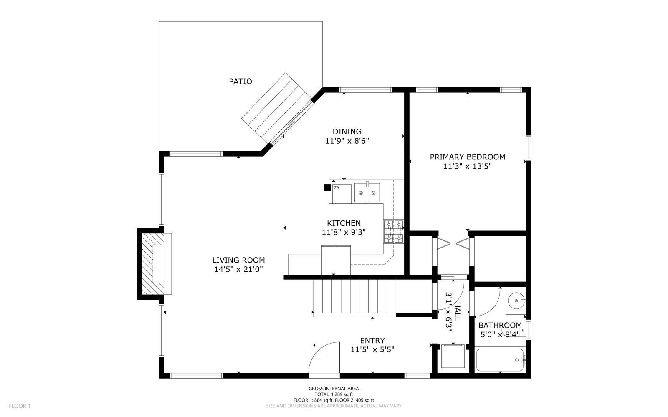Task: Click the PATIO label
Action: [240, 81]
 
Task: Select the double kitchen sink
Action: [367, 193]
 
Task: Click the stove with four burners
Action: [393, 232]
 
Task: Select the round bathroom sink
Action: [517, 301]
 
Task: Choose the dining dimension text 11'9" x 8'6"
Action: [347, 141]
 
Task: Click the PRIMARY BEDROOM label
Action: [467, 157]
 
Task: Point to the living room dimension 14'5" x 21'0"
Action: [238, 270]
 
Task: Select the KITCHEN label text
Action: [344, 223]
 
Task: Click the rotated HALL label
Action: [458, 311]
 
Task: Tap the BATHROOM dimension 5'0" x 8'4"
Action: [499, 334]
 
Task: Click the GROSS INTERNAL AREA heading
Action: [334, 389]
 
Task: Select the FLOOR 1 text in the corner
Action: [20, 406]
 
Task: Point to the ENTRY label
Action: [372, 341]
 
